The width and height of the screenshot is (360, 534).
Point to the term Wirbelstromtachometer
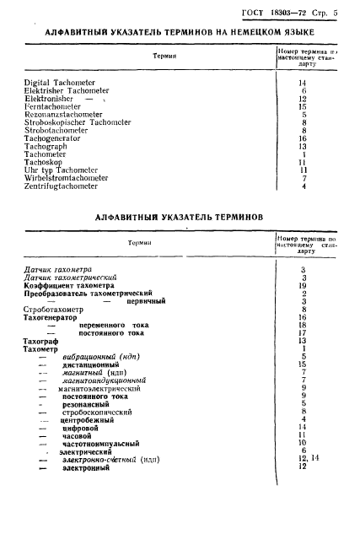(x=67, y=178)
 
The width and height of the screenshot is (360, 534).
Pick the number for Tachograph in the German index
(x=302, y=147)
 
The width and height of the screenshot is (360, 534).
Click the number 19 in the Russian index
(x=302, y=285)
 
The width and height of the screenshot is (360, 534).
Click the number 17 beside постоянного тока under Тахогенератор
(x=302, y=332)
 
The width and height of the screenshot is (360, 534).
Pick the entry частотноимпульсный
(x=99, y=443)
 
